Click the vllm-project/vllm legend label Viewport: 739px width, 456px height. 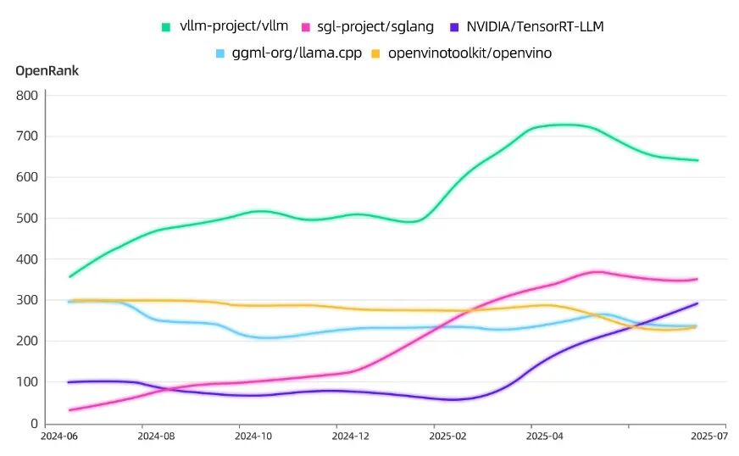pos(234,26)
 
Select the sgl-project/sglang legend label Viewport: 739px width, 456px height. pos(375,26)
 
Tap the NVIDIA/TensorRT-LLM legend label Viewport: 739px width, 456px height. pos(535,26)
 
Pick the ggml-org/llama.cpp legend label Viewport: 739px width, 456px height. pos(297,53)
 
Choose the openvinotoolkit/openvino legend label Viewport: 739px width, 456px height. pos(470,53)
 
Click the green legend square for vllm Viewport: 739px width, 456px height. pos(166,27)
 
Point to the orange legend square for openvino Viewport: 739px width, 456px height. pos(375,53)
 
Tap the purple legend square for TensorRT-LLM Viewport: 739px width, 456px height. pos(454,27)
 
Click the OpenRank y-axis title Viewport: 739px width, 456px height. pos(47,70)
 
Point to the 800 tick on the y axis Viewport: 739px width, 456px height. pos(27,95)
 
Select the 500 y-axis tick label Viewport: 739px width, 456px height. pos(27,219)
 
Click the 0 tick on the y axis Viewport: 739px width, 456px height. pos(34,424)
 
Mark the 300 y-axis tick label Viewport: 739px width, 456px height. pos(27,300)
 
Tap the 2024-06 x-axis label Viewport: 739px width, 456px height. pos(59,436)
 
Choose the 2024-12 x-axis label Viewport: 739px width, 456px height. pos(351,436)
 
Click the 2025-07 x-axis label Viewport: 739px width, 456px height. pos(709,436)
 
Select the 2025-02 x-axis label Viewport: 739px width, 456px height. pos(447,436)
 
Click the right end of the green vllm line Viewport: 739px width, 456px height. pos(697,160)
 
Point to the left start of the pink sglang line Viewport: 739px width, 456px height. pos(70,409)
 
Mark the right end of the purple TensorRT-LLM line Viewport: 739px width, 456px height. pos(697,303)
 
